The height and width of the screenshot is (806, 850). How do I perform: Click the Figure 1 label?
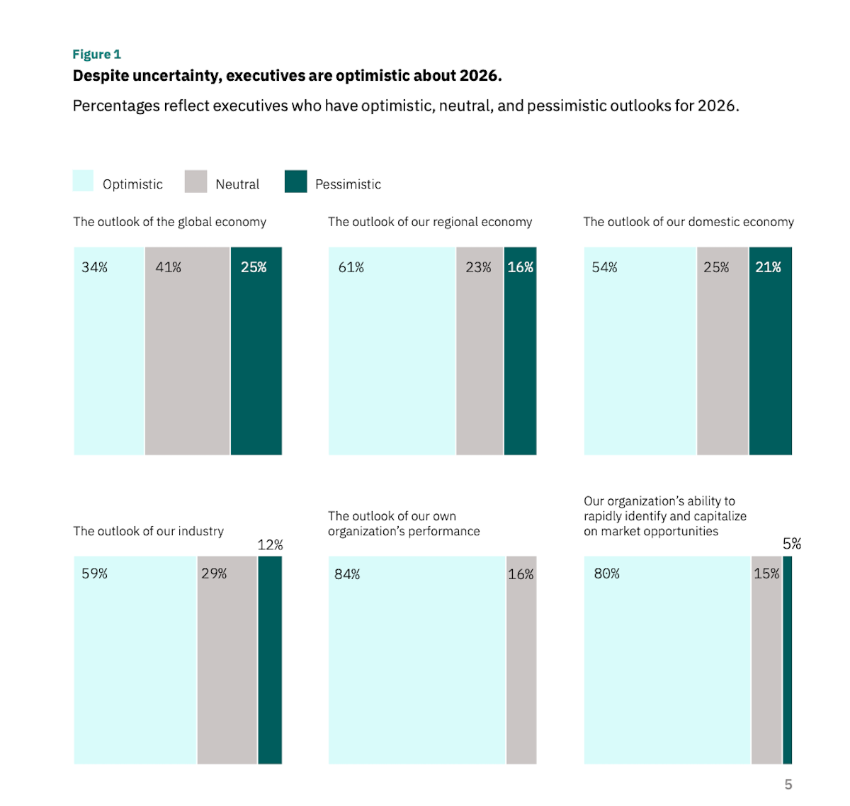[x=96, y=55]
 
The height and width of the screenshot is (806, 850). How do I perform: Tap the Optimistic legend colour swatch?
[x=83, y=181]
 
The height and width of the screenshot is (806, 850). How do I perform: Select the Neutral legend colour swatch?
[x=195, y=181]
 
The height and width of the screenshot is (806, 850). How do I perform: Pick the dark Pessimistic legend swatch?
[x=295, y=181]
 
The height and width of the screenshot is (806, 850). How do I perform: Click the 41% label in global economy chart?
[x=169, y=267]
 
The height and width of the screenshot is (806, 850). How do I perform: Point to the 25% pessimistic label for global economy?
[x=254, y=267]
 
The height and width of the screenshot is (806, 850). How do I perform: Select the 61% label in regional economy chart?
[x=351, y=267]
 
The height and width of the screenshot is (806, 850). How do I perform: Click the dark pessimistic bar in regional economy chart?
[x=520, y=354]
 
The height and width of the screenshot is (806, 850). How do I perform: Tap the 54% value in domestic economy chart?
[x=605, y=267]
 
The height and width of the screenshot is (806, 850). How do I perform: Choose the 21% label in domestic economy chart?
[x=768, y=267]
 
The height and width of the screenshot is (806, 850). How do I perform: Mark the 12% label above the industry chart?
[x=270, y=544]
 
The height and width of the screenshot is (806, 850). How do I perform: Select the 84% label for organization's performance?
[x=347, y=574]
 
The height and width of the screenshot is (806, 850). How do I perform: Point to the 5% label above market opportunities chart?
[x=792, y=544]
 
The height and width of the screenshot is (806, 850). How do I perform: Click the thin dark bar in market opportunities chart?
[x=787, y=659]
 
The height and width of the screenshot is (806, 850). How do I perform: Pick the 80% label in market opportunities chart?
[x=607, y=573]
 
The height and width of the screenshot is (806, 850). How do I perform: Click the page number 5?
[x=788, y=784]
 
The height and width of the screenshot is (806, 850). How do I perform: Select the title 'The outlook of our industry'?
[x=148, y=531]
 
